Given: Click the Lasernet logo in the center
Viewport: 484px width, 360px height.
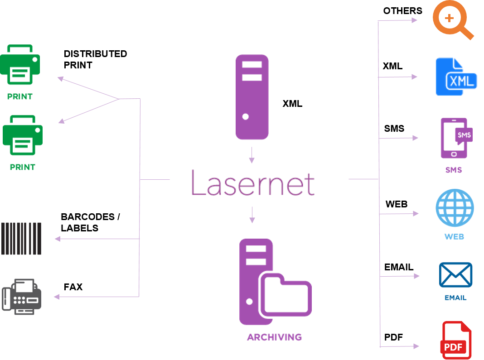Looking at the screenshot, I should tap(252, 182).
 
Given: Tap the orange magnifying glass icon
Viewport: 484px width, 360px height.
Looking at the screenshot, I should tap(453, 20).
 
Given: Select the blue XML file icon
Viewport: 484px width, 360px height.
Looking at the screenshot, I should tap(455, 77).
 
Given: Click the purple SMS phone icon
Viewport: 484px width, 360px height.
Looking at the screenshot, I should tap(455, 138).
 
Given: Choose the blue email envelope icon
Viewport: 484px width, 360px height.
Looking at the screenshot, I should tap(455, 275).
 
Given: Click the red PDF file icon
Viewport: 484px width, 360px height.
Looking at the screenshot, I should tap(455, 341).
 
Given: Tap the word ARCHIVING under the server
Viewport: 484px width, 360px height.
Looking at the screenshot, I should tap(274, 337).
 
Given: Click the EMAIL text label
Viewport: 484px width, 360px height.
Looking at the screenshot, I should tap(455, 298).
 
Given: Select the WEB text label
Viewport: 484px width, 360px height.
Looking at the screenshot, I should tap(454, 236).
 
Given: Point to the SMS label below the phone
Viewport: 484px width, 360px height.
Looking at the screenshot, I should tap(454, 170).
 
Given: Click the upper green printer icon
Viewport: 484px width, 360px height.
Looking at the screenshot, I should tap(20, 64).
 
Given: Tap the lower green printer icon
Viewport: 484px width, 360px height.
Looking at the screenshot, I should tap(23, 135).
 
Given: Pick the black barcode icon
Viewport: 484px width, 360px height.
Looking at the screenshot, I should tap(21, 239).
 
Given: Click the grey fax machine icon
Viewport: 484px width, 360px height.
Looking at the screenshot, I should tap(22, 295).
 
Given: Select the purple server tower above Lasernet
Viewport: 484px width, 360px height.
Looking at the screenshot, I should tap(252, 97).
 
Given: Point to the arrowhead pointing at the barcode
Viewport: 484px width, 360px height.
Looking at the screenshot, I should tap(57, 239).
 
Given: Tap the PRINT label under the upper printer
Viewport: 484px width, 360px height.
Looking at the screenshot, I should tap(20, 96).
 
